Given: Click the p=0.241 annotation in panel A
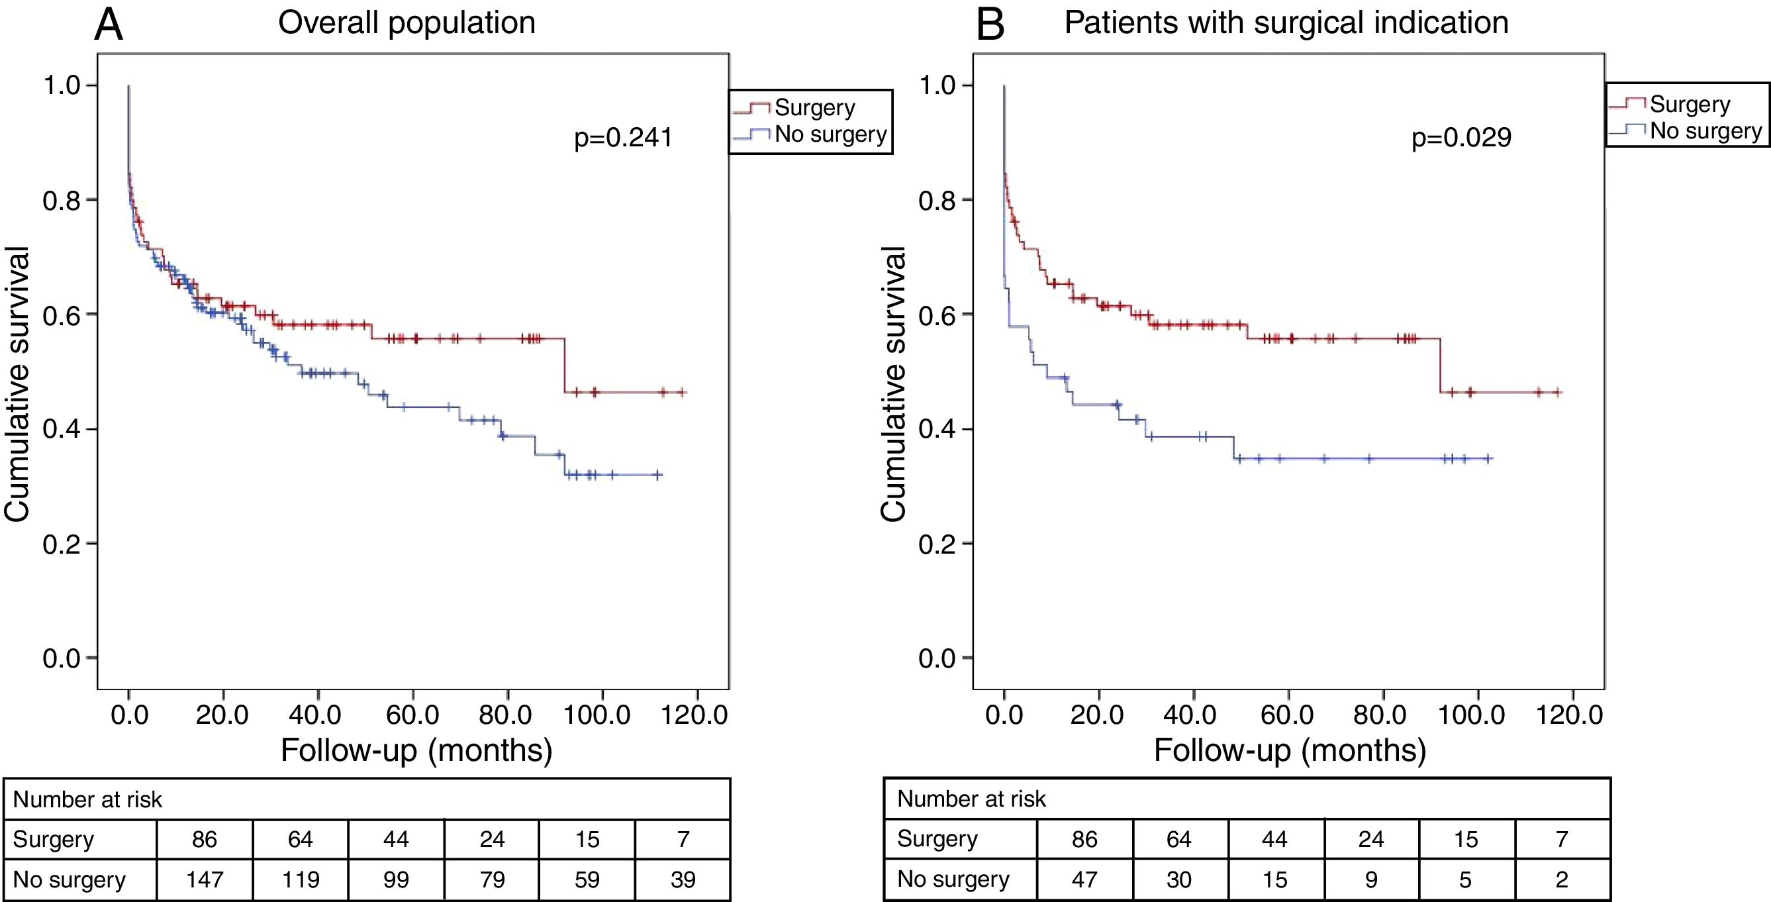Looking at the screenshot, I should click(x=623, y=138).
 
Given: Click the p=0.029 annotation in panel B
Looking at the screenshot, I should click(x=1461, y=138).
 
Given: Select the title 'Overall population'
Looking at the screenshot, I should click(x=407, y=23).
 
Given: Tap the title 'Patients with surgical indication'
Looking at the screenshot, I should click(x=1286, y=23).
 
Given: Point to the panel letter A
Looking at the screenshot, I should click(x=109, y=25).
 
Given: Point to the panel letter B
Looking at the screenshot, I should click(x=990, y=25).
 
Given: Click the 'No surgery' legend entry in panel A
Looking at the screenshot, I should click(x=830, y=134).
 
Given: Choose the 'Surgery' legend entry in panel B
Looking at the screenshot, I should click(x=1690, y=105).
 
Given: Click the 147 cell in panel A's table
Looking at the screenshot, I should click(x=204, y=879).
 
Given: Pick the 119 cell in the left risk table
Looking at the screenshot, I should click(x=300, y=879).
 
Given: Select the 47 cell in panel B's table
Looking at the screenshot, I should click(x=1084, y=879).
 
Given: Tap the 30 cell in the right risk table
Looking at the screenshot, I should click(x=1179, y=879).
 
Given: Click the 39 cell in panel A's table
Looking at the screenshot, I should click(x=683, y=879).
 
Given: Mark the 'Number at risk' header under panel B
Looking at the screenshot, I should click(x=971, y=799).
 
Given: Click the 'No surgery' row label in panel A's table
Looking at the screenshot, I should click(x=70, y=879).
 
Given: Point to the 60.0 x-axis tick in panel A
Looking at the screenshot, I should click(x=412, y=715).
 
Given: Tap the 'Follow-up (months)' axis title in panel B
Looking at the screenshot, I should click(x=1290, y=750).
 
